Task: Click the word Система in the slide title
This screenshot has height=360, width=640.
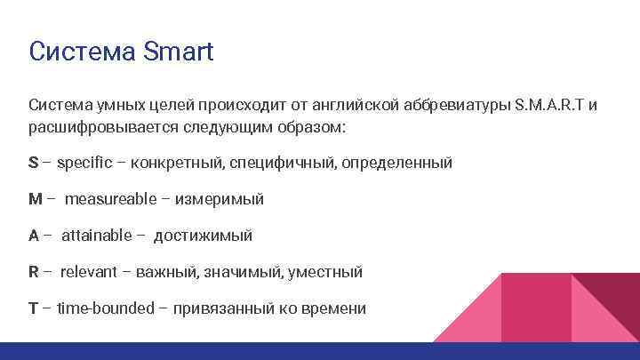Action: click(81, 51)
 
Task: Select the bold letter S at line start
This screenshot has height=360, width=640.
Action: click(33, 163)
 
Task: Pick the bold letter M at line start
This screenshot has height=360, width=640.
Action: click(36, 199)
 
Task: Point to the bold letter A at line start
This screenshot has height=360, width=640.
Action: click(34, 236)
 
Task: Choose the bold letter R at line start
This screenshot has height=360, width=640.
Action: click(34, 272)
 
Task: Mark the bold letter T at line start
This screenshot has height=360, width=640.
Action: click(33, 308)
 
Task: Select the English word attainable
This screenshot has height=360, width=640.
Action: click(96, 236)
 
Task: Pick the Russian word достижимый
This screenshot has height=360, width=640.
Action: click(203, 236)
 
